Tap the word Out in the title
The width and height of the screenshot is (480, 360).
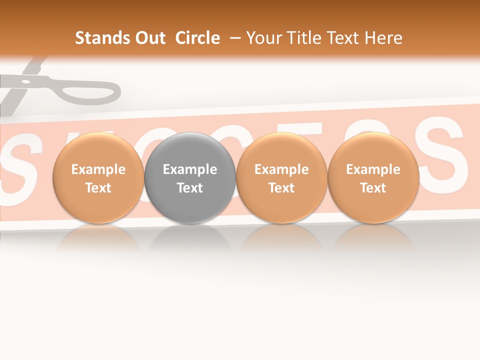[x=149, y=38]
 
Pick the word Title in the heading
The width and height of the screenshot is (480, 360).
[x=304, y=38]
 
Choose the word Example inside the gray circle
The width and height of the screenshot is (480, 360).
[x=190, y=169]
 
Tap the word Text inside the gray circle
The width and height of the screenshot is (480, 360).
[x=190, y=188]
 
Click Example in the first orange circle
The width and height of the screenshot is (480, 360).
[x=98, y=169]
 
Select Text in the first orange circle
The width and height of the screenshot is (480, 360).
[x=98, y=188]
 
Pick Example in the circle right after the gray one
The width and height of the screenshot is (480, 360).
[x=281, y=169]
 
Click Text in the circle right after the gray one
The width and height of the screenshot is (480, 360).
[x=281, y=188]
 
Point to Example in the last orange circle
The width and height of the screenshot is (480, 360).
[x=373, y=169]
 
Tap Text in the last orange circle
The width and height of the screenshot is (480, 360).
[x=373, y=188]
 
